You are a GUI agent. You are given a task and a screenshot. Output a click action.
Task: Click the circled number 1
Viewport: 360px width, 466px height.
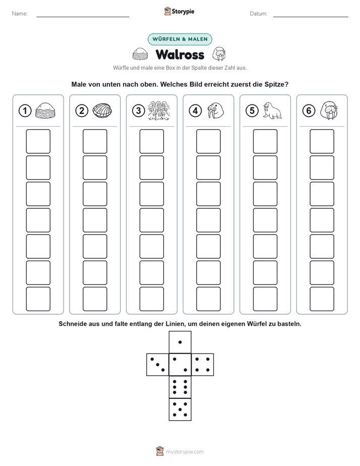click(x=25, y=111)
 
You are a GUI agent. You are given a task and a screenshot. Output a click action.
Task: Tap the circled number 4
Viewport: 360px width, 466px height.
click(x=195, y=111)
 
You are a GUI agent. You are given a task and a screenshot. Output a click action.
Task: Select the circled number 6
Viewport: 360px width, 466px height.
click(x=309, y=111)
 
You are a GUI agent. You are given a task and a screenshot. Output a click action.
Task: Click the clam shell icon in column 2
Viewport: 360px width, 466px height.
click(x=102, y=110)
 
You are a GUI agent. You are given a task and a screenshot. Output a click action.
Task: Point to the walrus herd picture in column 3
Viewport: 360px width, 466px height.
click(x=159, y=110)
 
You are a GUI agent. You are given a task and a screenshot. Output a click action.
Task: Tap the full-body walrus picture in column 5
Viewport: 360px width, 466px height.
click(x=272, y=110)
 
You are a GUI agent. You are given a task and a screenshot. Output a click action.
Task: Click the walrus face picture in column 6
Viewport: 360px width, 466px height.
click(x=329, y=110)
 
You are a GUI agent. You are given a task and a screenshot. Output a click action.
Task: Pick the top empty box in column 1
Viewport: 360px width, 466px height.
click(x=38, y=141)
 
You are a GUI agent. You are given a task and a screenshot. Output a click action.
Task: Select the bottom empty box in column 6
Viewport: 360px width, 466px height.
click(x=322, y=299)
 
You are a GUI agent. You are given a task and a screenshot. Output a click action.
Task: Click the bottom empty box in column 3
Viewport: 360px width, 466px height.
click(x=152, y=299)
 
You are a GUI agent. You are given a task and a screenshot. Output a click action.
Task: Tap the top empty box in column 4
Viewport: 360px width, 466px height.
click(x=209, y=141)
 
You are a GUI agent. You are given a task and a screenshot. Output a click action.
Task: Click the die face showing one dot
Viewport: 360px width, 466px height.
click(x=180, y=342)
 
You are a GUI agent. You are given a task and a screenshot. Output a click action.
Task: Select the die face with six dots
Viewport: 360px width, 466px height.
click(x=180, y=387)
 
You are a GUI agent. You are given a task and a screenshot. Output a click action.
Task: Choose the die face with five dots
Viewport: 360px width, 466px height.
click(x=180, y=410)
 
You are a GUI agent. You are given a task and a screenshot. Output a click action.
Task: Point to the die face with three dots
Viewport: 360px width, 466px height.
click(x=158, y=365)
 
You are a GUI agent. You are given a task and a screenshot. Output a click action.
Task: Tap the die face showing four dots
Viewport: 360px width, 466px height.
click(x=203, y=365)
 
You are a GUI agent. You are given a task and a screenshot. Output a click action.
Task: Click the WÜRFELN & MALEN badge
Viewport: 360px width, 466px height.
click(x=180, y=39)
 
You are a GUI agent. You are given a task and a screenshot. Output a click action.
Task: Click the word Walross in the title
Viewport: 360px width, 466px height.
click(x=180, y=54)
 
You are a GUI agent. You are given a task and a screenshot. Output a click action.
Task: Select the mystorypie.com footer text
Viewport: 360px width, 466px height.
click(x=185, y=452)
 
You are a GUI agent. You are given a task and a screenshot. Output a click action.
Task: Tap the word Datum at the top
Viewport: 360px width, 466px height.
click(x=259, y=14)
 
